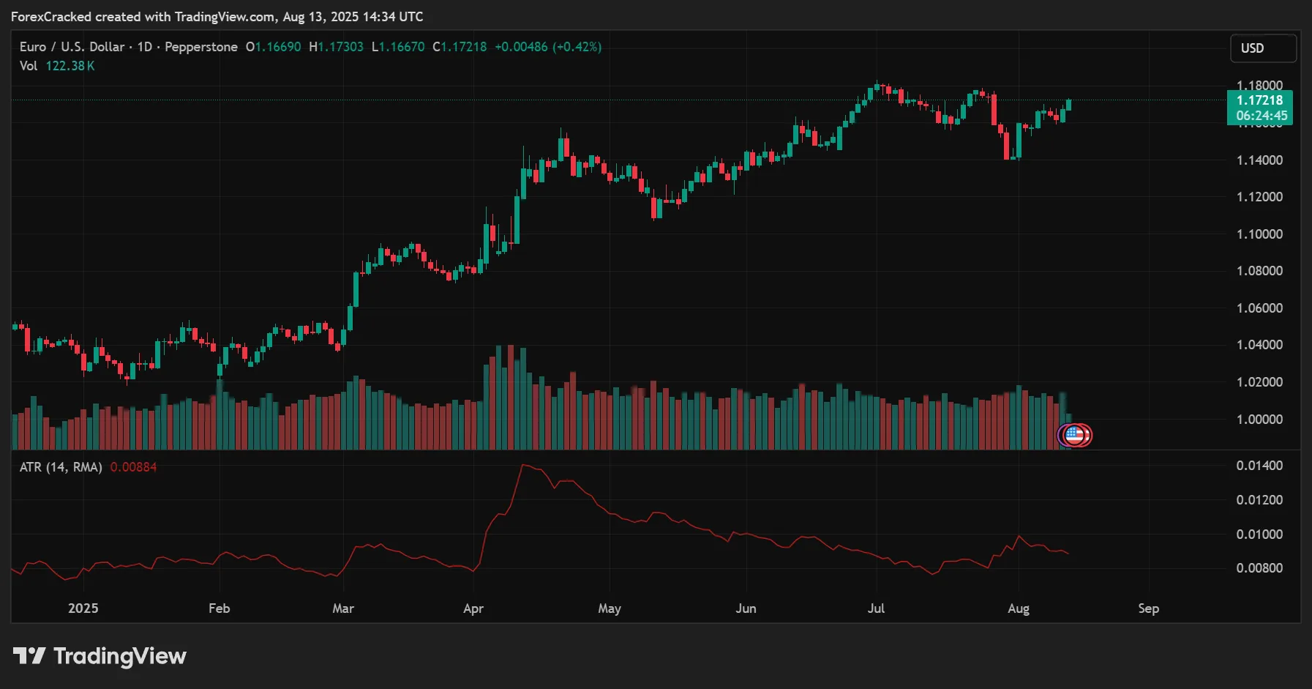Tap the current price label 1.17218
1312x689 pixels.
(1259, 100)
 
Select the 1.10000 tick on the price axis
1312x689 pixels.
(1259, 234)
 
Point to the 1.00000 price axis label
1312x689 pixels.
(1259, 420)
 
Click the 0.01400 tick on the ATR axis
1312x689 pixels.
(1259, 466)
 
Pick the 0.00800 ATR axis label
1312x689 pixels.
(1259, 568)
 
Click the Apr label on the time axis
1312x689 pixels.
(473, 608)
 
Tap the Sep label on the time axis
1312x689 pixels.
(1148, 608)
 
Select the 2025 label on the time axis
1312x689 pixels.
(83, 608)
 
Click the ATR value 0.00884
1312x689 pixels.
(133, 467)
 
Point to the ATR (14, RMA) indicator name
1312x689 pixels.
(61, 467)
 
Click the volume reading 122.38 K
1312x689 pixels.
(70, 66)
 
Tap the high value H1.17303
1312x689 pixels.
(336, 47)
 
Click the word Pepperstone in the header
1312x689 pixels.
(201, 47)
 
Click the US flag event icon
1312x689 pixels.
(1073, 436)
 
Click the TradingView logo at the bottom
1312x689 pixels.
(100, 656)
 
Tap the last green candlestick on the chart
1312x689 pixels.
(1069, 105)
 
